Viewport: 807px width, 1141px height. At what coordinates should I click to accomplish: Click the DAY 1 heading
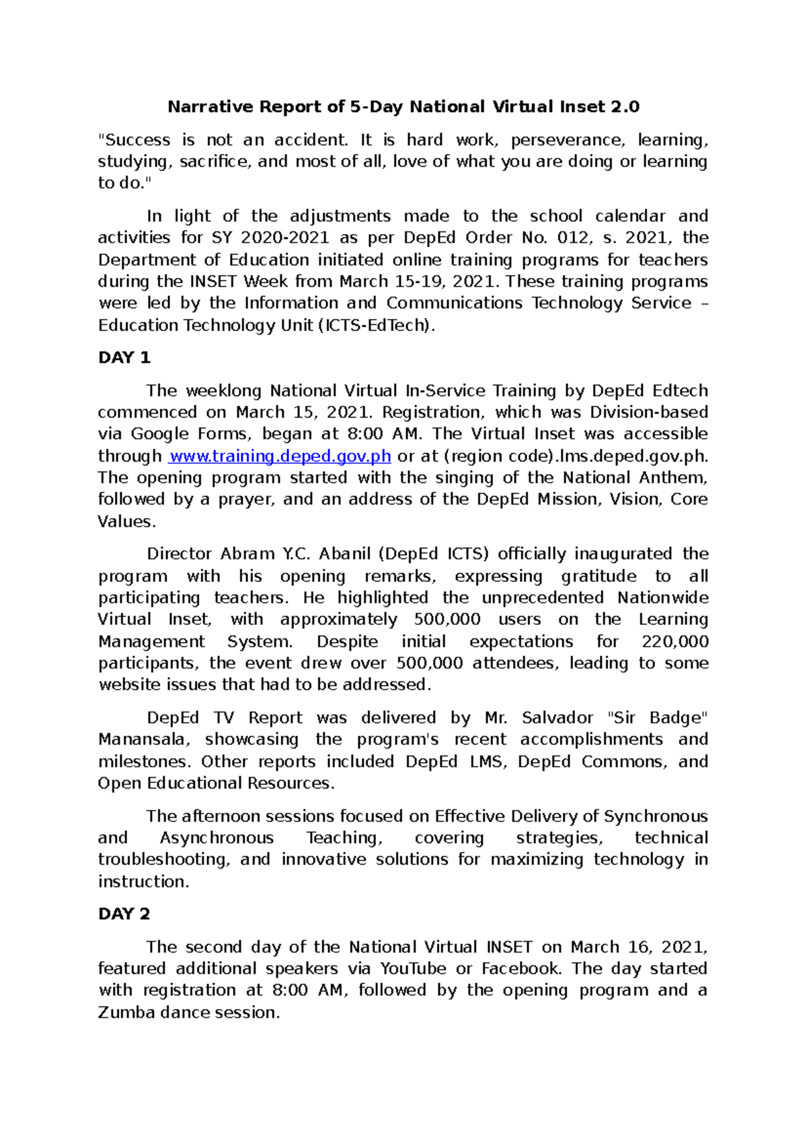click(x=124, y=358)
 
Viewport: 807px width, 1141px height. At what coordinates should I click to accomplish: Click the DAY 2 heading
click(x=124, y=914)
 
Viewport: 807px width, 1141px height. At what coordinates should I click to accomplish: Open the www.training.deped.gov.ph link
click(x=280, y=456)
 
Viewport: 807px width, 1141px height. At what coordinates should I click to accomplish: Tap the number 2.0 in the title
click(x=625, y=107)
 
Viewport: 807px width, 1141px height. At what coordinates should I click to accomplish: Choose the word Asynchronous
click(x=217, y=838)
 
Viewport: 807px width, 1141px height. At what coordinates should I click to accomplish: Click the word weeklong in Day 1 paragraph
click(x=223, y=391)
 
